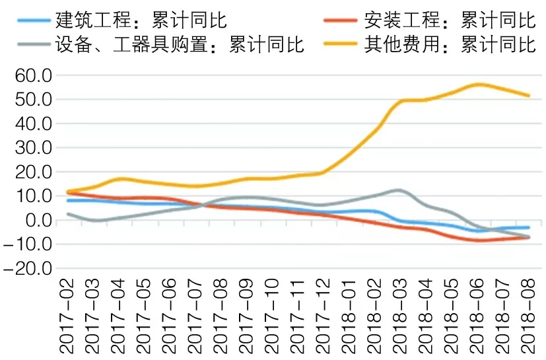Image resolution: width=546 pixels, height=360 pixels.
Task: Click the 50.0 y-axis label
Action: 32,100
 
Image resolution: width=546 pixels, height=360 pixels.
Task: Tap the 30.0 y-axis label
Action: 32,148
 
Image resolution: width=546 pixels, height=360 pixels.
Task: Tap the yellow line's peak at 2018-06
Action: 477,85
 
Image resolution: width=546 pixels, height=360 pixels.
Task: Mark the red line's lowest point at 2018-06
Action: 477,240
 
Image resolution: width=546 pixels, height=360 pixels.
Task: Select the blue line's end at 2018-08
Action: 528,227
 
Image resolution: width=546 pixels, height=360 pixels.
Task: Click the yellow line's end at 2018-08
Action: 528,95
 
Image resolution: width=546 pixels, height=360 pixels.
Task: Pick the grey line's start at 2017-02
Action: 67,214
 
